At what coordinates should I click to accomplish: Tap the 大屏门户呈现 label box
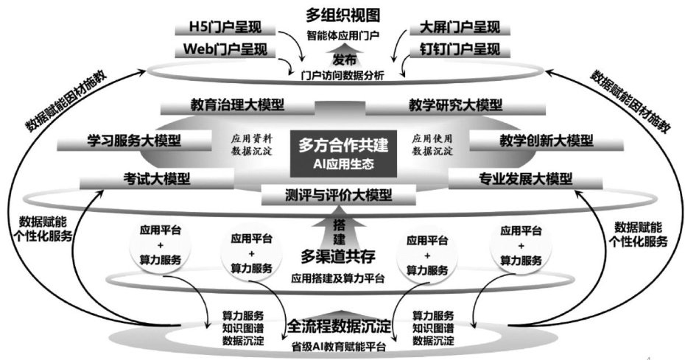(x=458, y=29)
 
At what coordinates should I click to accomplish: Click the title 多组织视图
(x=343, y=15)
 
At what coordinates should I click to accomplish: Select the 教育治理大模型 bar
(x=231, y=105)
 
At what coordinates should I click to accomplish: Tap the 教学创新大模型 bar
(x=546, y=141)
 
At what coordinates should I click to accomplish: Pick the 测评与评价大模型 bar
(x=338, y=196)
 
